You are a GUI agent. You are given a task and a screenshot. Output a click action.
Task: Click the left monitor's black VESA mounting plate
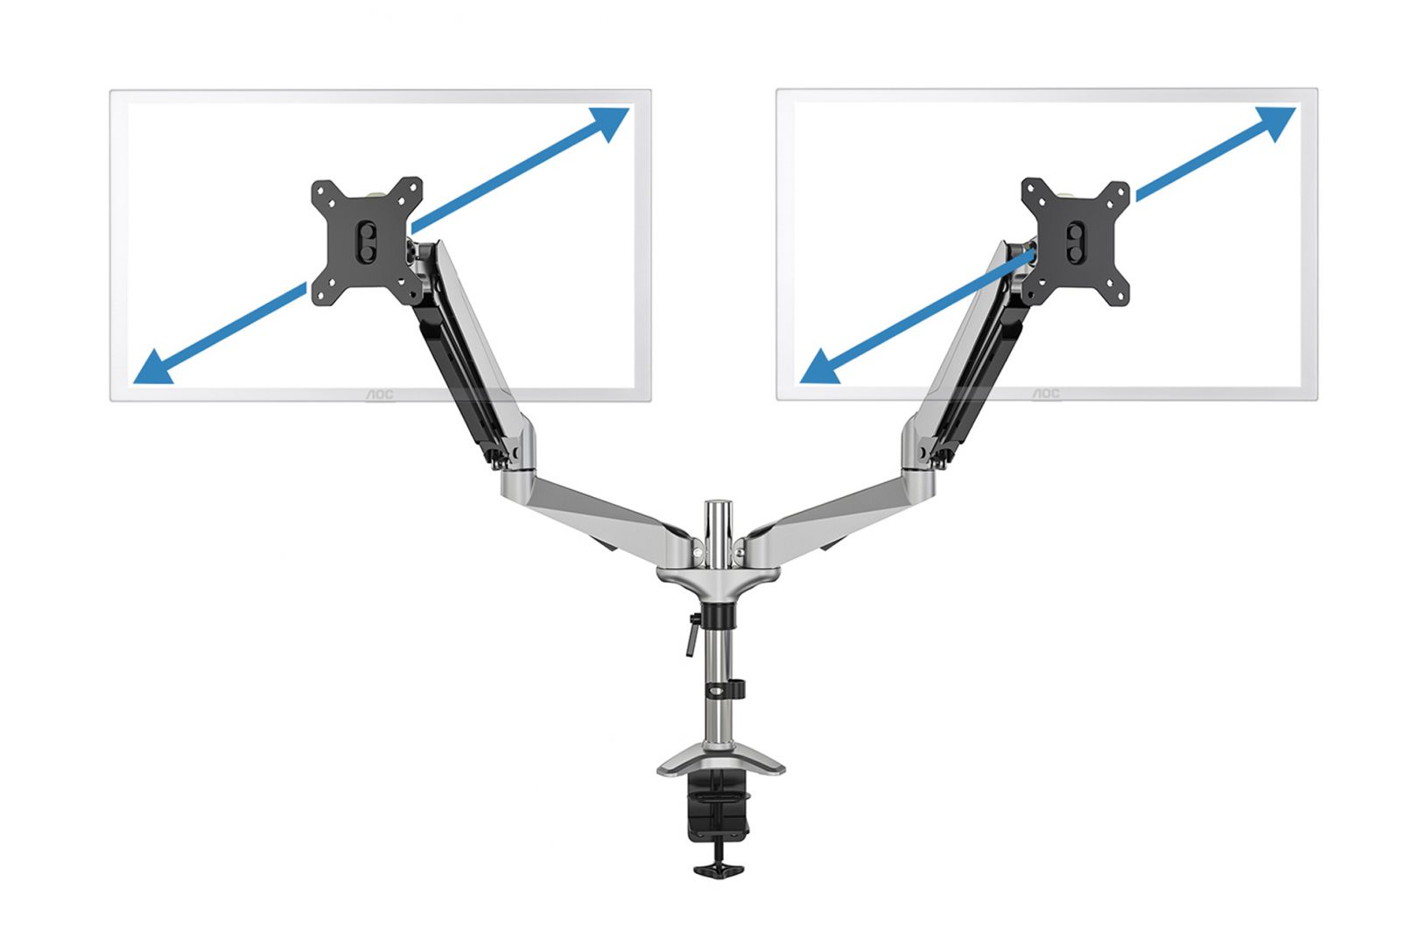coord(367,241)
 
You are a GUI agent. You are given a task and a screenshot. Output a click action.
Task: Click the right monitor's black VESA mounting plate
coord(1076,241)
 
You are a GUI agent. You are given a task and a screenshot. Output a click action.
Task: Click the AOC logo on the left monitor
coord(379,395)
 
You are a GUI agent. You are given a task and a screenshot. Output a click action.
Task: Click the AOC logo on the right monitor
coord(1045,395)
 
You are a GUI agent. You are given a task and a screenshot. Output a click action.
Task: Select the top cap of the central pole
coord(719,507)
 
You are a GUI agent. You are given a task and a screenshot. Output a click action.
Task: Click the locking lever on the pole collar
coord(692,634)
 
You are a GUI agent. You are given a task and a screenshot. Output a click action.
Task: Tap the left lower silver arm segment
coord(604,512)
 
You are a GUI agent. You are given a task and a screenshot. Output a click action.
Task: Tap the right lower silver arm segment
coord(832,512)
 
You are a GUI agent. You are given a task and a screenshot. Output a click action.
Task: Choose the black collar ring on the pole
coord(719,614)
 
